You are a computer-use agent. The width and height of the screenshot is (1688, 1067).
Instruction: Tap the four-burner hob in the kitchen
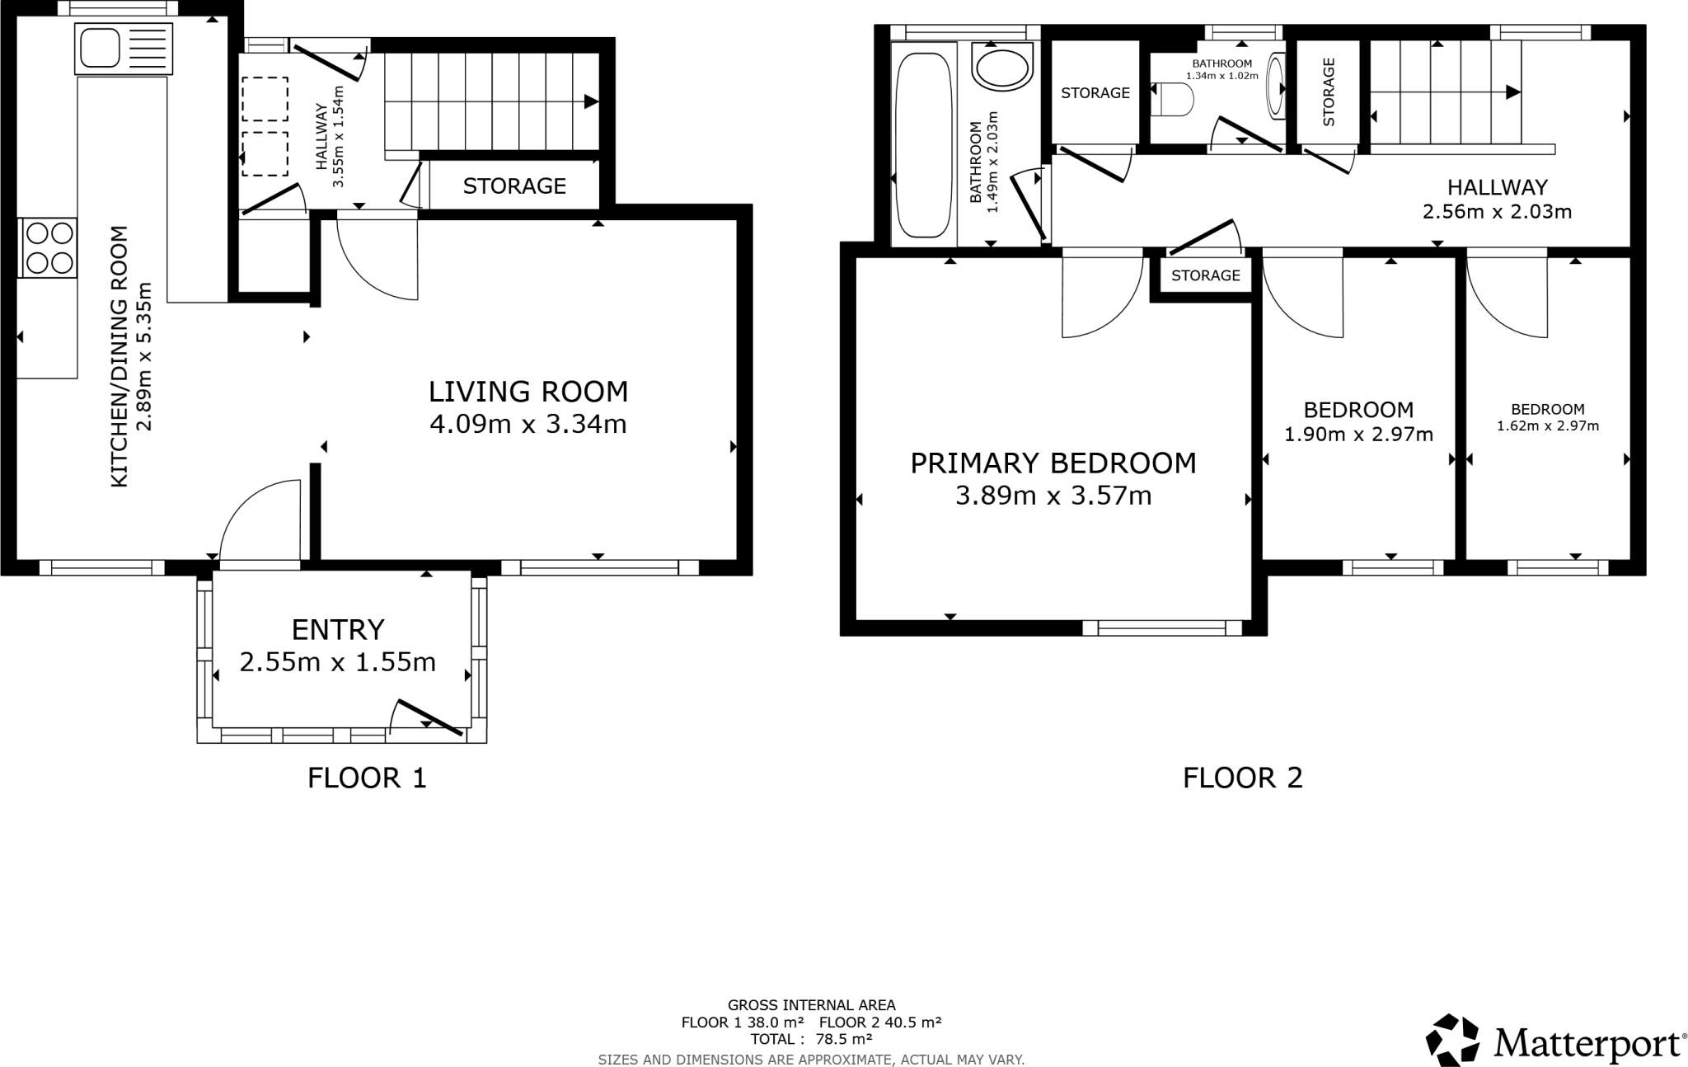(x=48, y=248)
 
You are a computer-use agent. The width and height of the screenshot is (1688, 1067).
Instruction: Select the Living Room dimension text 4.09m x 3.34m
(x=528, y=425)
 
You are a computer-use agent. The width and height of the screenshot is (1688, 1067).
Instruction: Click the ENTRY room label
(x=338, y=630)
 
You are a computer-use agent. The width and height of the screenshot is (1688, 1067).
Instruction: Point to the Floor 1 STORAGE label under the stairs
(x=514, y=186)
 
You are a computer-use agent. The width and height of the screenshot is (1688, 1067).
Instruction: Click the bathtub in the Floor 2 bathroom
(x=923, y=145)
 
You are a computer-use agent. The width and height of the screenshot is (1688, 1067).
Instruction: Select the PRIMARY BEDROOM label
(x=1053, y=463)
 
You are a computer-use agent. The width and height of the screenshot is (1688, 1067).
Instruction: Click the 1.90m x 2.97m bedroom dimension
(x=1358, y=435)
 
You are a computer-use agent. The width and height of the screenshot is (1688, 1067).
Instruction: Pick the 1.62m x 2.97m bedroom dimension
(x=1547, y=426)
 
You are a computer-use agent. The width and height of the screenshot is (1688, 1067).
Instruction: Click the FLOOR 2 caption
(x=1242, y=778)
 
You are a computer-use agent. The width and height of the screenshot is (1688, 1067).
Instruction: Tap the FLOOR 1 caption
(x=367, y=778)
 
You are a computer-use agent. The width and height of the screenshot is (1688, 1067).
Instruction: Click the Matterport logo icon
(x=1453, y=1040)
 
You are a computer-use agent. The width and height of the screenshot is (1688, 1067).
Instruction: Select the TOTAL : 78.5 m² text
(x=811, y=1039)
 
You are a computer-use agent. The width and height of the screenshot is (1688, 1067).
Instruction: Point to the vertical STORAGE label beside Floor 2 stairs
(x=1328, y=92)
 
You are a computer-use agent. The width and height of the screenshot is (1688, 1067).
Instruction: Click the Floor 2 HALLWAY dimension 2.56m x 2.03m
(x=1497, y=212)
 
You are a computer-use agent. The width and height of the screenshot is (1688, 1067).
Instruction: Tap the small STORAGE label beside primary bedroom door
(x=1205, y=275)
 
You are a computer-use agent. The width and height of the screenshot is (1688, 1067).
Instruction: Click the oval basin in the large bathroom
(x=1002, y=66)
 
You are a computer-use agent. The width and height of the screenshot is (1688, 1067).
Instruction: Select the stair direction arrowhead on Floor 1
(x=591, y=101)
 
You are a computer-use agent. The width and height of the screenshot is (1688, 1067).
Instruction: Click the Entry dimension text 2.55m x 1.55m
(x=338, y=662)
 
